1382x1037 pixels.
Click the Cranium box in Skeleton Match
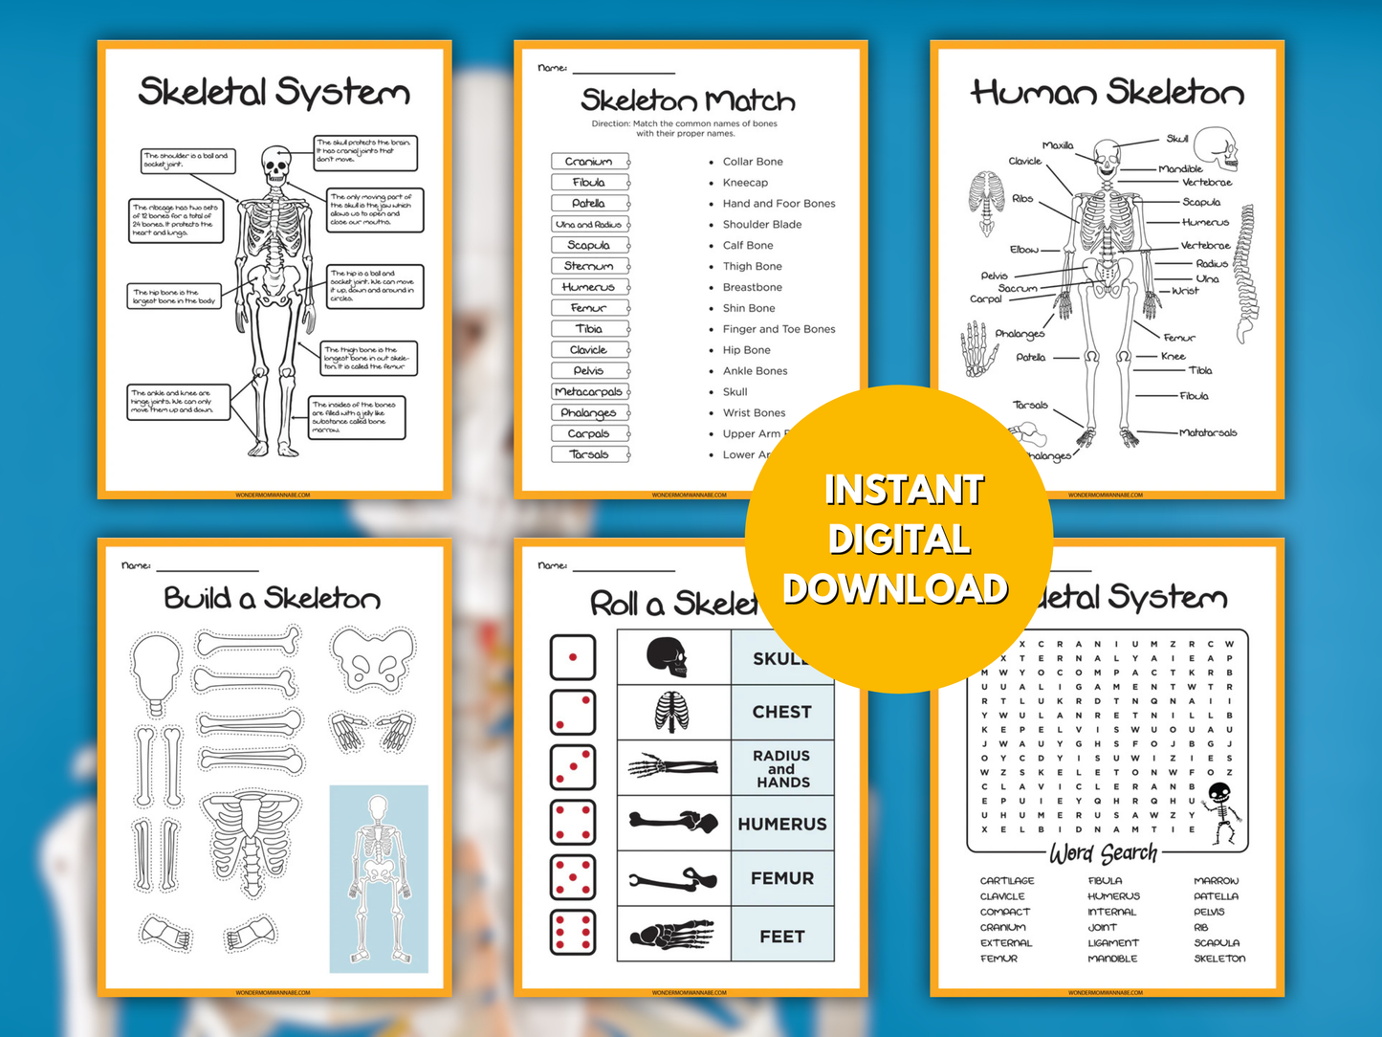pyautogui.click(x=589, y=161)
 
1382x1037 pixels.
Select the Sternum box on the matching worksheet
pyautogui.click(x=589, y=266)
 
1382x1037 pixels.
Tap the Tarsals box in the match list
pyautogui.click(x=589, y=454)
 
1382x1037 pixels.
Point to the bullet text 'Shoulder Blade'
pyautogui.click(x=761, y=225)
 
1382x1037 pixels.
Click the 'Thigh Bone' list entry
pyautogui.click(x=752, y=267)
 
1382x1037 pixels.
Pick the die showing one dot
pyautogui.click(x=573, y=657)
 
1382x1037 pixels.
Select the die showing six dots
pyautogui.click(x=573, y=933)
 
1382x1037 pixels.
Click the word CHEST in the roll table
pyautogui.click(x=781, y=712)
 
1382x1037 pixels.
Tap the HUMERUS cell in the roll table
pyautogui.click(x=781, y=824)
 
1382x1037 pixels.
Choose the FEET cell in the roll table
pyautogui.click(x=781, y=937)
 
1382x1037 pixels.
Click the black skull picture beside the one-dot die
pyautogui.click(x=668, y=657)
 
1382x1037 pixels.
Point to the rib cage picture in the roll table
pyautogui.click(x=671, y=712)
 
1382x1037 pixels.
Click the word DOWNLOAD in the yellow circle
pyautogui.click(x=895, y=588)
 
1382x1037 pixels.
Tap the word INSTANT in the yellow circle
pyautogui.click(x=904, y=490)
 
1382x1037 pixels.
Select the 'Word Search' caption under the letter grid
pyautogui.click(x=1104, y=852)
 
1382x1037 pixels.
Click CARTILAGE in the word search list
pyautogui.click(x=1007, y=880)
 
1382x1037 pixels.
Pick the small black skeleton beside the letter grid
pyautogui.click(x=1220, y=812)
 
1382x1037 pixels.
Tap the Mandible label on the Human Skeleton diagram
pyautogui.click(x=1180, y=169)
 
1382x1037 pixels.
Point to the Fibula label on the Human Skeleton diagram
pyautogui.click(x=1195, y=395)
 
